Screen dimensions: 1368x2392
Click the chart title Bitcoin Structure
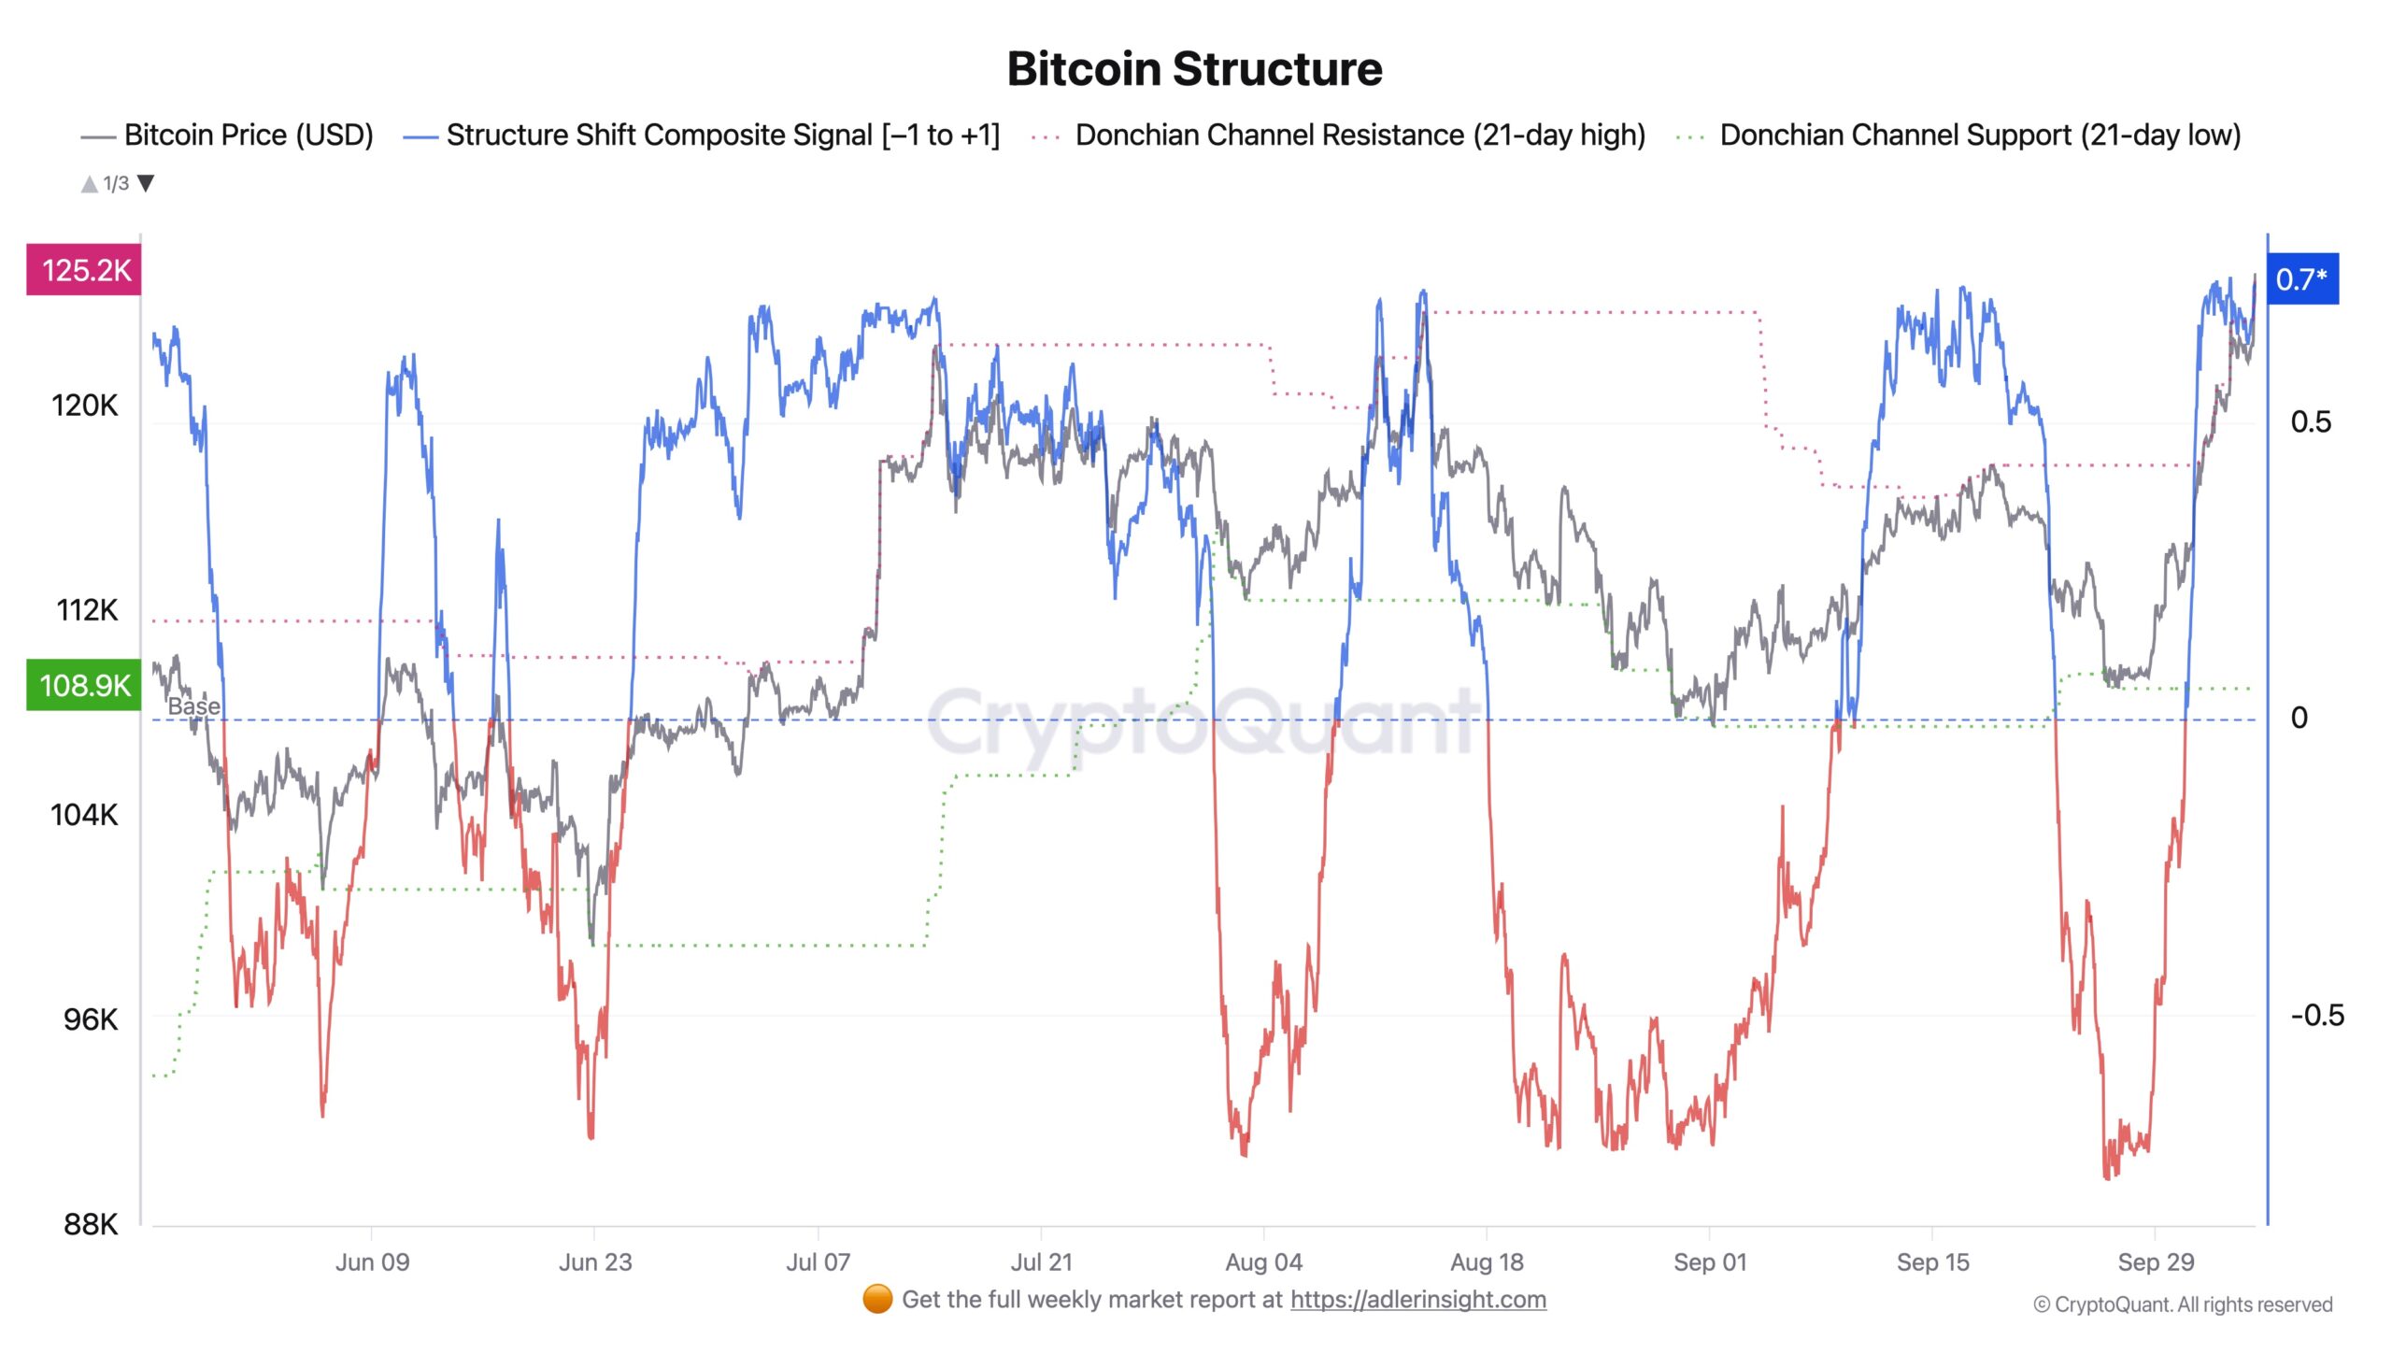pyautogui.click(x=1194, y=68)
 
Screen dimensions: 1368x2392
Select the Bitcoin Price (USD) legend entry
pyautogui.click(x=248, y=135)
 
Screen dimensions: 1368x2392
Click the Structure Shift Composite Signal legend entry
pyautogui.click(x=721, y=135)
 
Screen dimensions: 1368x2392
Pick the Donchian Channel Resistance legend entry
pyautogui.click(x=1360, y=135)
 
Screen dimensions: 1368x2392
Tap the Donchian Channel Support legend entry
pyautogui.click(x=1980, y=135)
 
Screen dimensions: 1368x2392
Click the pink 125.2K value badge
pyautogui.click(x=84, y=271)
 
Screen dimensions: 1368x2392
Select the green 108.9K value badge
pyautogui.click(x=84, y=685)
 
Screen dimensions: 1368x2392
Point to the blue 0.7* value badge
pyautogui.click(x=2300, y=279)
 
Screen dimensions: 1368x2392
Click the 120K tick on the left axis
pyautogui.click(x=84, y=406)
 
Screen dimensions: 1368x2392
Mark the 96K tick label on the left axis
pyautogui.click(x=91, y=1019)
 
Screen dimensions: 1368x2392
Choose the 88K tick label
pyautogui.click(x=91, y=1224)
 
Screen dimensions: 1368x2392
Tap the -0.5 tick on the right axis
pyautogui.click(x=2316, y=1015)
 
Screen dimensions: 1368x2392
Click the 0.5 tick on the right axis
pyautogui.click(x=2311, y=421)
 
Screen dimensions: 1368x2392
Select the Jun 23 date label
pyautogui.click(x=594, y=1261)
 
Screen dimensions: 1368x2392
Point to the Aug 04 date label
pyautogui.click(x=1263, y=1261)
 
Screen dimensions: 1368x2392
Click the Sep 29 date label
pyautogui.click(x=2156, y=1261)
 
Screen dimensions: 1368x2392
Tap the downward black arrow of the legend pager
pyautogui.click(x=146, y=183)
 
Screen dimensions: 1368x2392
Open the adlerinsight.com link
pyautogui.click(x=1417, y=1300)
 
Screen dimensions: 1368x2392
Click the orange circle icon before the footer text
pyautogui.click(x=876, y=1300)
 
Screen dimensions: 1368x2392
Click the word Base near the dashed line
pyautogui.click(x=193, y=705)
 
